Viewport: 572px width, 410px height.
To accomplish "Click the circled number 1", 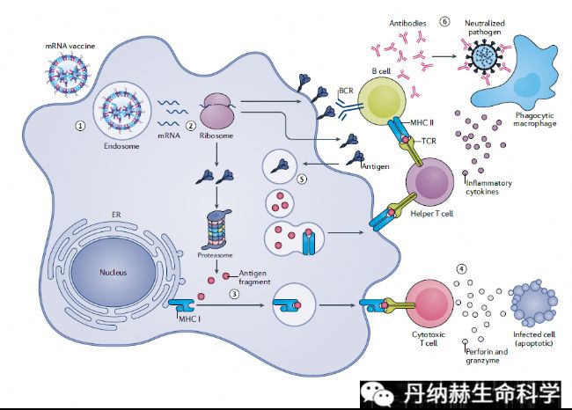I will [x=80, y=126].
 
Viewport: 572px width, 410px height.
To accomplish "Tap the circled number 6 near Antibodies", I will [x=444, y=22].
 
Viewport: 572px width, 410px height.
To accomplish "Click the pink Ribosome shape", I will [x=217, y=112].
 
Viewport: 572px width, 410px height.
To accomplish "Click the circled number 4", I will [x=459, y=267].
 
